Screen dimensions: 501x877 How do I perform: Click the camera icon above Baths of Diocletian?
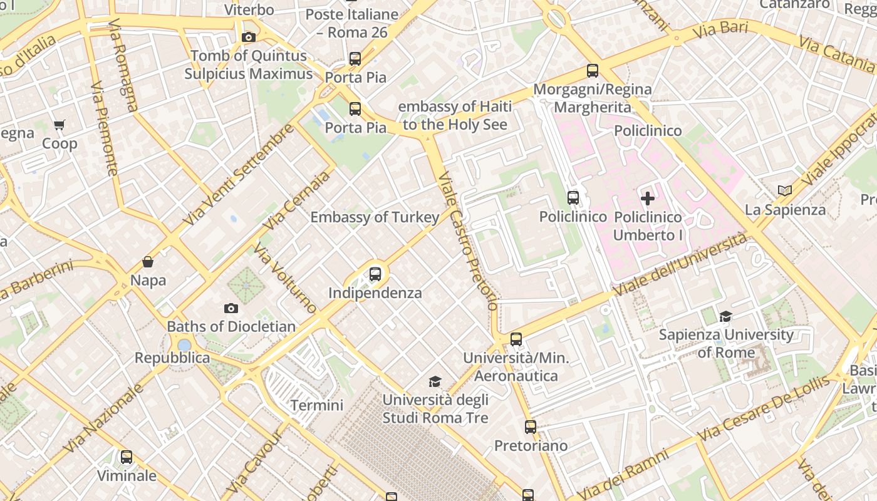click(x=231, y=308)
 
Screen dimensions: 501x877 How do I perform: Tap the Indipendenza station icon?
click(x=375, y=274)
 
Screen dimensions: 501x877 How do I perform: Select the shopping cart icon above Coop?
click(x=60, y=125)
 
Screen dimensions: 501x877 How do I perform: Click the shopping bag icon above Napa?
click(x=148, y=262)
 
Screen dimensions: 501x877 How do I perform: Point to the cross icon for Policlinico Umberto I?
click(x=648, y=199)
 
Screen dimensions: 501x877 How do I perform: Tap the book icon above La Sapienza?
click(x=785, y=190)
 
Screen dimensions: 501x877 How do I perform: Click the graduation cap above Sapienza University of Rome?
click(x=726, y=316)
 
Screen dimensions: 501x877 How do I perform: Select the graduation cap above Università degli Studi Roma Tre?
click(x=435, y=381)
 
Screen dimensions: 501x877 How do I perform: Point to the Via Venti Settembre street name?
click(x=239, y=175)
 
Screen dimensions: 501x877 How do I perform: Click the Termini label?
click(x=317, y=405)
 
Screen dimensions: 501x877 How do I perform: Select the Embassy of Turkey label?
click(x=375, y=217)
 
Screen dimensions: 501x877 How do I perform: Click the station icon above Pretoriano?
click(x=531, y=427)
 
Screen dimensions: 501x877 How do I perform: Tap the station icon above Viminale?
click(x=127, y=457)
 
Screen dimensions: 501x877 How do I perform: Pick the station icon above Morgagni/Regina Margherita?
click(x=593, y=71)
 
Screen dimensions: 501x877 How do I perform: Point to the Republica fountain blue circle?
click(x=184, y=345)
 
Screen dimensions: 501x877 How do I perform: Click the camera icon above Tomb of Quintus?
click(x=248, y=38)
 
